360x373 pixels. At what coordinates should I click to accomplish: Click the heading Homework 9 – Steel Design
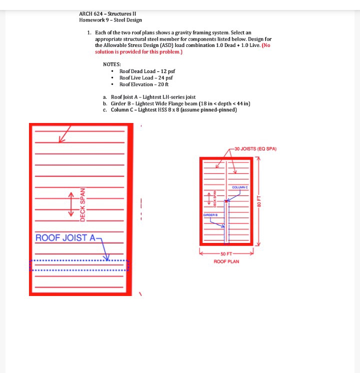[110, 20]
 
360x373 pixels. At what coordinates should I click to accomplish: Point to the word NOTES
[111, 64]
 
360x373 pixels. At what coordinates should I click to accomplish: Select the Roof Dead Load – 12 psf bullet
[147, 71]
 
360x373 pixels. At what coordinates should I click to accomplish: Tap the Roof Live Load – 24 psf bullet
[146, 78]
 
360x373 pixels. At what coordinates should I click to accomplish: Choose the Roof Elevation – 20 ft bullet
[144, 84]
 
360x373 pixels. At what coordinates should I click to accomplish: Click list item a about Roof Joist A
[153, 97]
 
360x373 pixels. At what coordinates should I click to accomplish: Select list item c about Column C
[173, 110]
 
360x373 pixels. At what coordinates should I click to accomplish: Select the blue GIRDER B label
[209, 214]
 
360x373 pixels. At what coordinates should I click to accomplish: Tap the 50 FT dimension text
[226, 254]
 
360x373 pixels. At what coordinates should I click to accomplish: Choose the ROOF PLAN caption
[226, 261]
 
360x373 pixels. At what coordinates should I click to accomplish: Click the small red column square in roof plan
[226, 201]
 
